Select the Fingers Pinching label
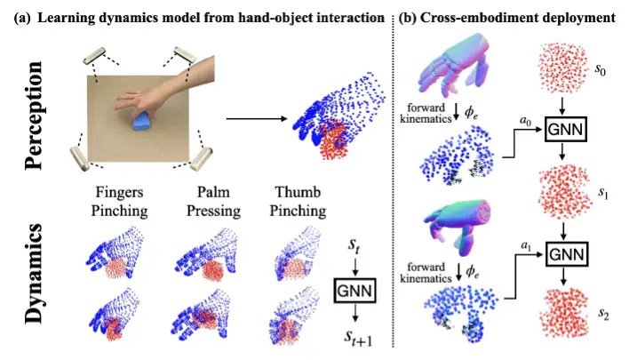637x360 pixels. click(x=121, y=202)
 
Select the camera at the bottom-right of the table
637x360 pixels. click(x=206, y=159)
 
